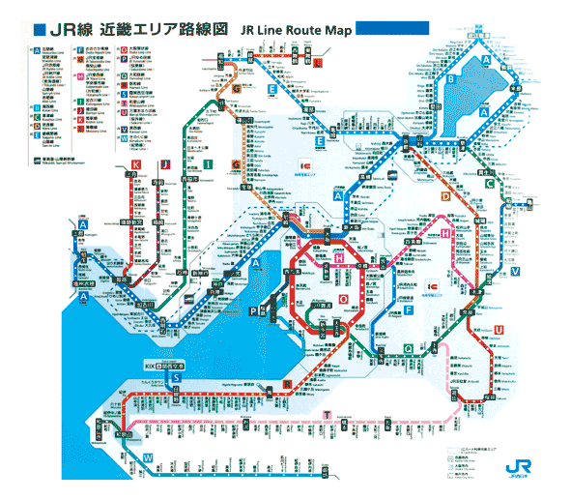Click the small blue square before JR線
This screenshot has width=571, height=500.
[36, 28]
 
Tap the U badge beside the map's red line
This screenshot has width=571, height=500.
[499, 331]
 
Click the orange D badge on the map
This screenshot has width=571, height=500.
[445, 197]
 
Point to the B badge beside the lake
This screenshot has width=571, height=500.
[451, 78]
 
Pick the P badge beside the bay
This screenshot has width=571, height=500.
[253, 311]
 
